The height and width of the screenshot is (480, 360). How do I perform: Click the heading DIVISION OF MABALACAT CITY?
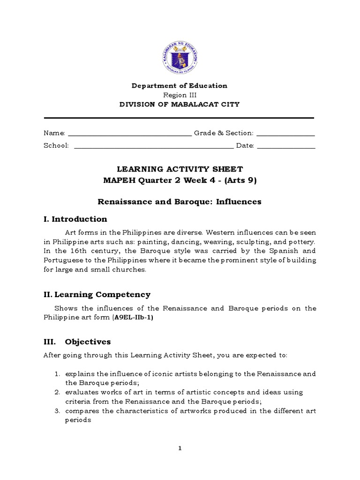179,104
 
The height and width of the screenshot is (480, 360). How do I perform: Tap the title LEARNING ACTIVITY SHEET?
180,169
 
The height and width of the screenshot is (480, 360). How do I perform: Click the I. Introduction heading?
75,219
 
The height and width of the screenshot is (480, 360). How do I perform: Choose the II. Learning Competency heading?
97,294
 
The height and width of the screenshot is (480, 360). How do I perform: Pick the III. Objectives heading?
77,342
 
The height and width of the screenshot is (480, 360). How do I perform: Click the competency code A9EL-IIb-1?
133,317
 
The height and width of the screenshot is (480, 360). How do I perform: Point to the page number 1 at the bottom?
180,449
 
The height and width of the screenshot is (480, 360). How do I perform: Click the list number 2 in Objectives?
56,392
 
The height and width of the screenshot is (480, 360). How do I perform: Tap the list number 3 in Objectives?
56,411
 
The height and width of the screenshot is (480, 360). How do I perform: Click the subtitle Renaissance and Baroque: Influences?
180,202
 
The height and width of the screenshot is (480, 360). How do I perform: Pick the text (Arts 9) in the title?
240,180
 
